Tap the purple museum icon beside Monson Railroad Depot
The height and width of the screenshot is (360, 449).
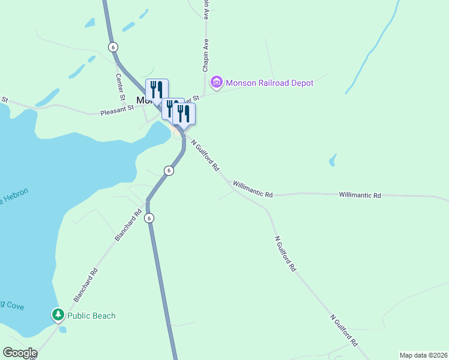[x=216, y=82]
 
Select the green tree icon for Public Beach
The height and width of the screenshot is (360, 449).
[x=58, y=315]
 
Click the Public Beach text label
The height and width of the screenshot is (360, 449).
[x=91, y=316]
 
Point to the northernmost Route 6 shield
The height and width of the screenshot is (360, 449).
[x=113, y=47]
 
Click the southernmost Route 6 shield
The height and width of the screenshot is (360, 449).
[x=149, y=218]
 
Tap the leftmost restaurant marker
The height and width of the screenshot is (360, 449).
[x=157, y=90]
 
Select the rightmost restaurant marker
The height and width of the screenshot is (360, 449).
[x=184, y=113]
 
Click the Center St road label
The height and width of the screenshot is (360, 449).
[x=119, y=86]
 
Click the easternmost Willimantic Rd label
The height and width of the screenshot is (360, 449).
[x=360, y=195]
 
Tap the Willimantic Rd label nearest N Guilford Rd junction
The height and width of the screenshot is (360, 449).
[x=253, y=190]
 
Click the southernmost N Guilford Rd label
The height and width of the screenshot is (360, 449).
[x=343, y=329]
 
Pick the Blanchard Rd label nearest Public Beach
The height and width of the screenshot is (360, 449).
[x=85, y=285]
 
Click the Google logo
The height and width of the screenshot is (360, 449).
[x=20, y=353]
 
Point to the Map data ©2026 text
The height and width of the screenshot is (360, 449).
[x=423, y=355]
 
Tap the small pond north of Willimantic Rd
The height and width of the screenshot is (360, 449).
[x=332, y=160]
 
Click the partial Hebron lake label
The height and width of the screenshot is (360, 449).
[x=13, y=197]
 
